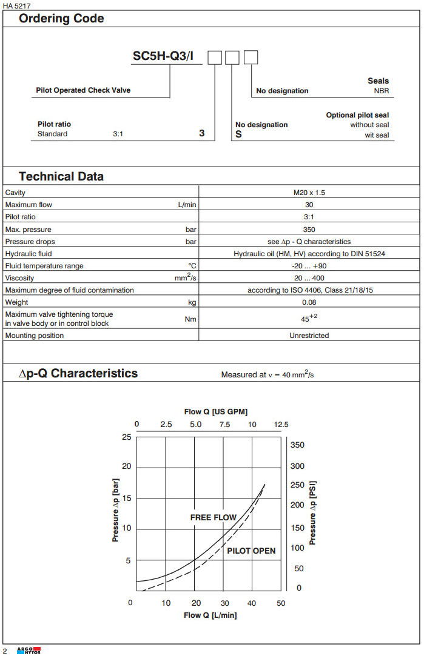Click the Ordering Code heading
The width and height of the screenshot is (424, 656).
61,19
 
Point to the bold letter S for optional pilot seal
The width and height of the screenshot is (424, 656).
238,134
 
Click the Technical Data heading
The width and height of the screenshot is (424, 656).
61,177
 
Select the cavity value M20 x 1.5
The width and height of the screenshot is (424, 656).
309,193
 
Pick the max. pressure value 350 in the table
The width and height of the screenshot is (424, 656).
309,230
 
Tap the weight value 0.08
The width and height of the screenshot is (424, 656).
309,302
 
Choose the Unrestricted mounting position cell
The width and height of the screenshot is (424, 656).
309,336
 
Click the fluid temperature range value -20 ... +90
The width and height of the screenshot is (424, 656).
309,266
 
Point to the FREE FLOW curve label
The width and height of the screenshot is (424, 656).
214,517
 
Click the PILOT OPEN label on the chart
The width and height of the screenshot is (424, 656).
251,551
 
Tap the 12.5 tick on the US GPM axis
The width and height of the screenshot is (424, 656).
280,425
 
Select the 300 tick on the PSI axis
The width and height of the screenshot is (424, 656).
297,466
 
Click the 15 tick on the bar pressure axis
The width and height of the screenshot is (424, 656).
126,498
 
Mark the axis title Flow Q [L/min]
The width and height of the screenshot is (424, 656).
210,615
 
